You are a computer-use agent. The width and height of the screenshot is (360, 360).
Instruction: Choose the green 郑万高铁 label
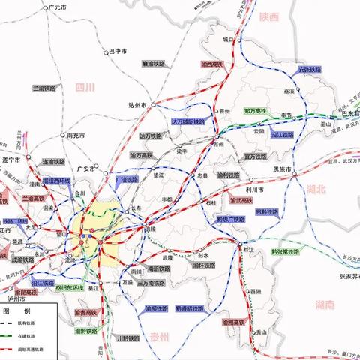click(256, 111)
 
